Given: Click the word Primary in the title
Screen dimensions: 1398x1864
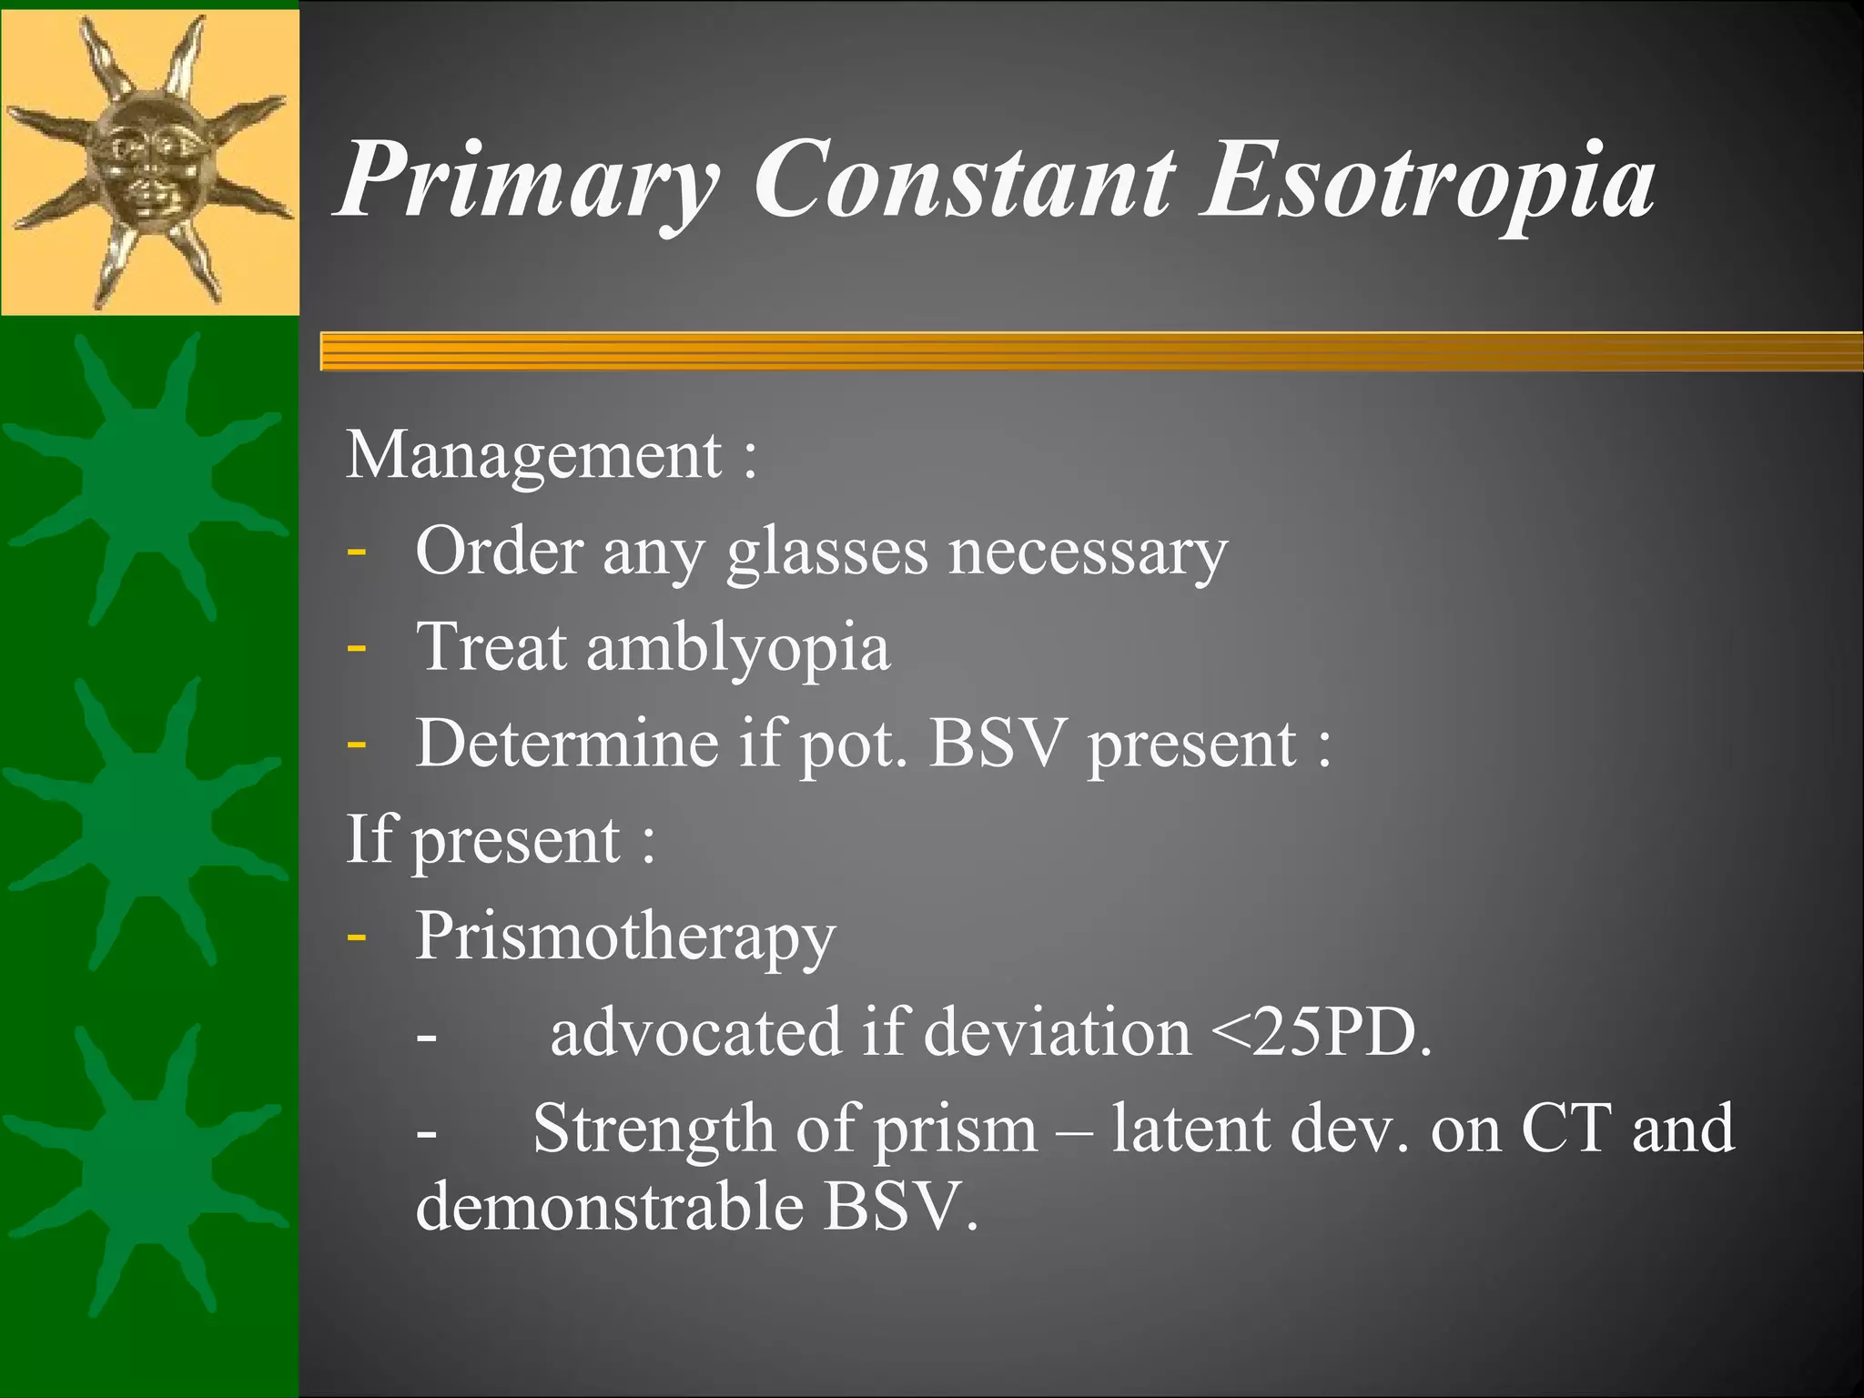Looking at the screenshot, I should point(528,182).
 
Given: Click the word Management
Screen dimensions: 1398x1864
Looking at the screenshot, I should point(534,455).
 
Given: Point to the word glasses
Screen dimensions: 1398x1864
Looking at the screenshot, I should point(826,553).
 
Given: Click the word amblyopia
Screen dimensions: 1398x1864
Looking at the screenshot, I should point(737,648).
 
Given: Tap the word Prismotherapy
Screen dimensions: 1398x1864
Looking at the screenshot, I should point(625,937).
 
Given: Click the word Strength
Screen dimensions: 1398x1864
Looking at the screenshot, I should point(653,1130).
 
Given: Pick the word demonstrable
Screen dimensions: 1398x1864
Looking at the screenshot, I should point(610,1207).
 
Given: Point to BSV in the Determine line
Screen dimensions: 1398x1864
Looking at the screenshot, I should point(997,745).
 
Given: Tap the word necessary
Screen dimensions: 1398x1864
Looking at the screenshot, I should point(1088,553).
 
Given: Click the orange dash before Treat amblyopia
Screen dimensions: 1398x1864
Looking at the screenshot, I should point(357,649).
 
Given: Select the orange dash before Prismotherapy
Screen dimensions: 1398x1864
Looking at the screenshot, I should point(357,937).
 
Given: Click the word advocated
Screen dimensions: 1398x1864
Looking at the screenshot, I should point(696,1034).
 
